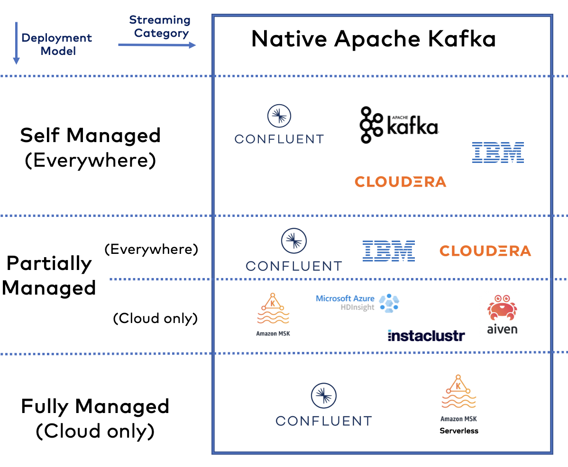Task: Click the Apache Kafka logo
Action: (399, 125)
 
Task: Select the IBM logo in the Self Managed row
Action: (498, 153)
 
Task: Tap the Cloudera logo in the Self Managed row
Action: (400, 181)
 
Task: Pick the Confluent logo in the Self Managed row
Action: (279, 125)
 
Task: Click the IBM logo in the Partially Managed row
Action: (389, 251)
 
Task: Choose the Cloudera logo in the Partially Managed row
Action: (485, 251)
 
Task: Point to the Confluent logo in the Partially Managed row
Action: (293, 250)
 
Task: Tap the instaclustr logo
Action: (426, 336)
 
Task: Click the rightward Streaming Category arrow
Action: (157, 45)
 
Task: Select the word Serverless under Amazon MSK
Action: (458, 431)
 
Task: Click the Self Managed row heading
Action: (90, 136)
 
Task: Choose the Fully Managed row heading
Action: (95, 406)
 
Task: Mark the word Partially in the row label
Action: (49, 263)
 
